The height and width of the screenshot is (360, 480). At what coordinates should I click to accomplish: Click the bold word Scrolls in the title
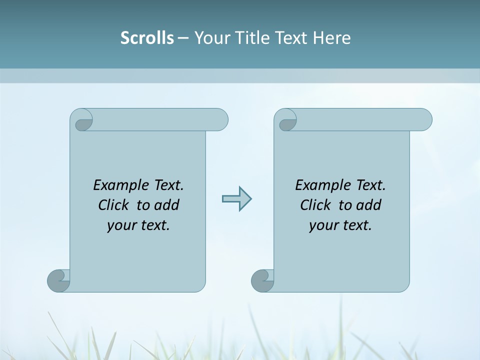point(147,37)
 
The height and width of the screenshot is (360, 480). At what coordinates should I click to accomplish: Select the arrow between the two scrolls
point(236,199)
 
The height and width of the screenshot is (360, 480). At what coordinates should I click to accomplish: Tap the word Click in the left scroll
point(114,205)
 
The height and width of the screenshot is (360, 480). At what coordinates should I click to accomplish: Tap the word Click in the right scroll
point(316,205)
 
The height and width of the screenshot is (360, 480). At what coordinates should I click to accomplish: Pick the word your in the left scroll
point(121,225)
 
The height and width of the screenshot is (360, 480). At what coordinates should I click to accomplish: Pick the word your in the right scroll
point(323,225)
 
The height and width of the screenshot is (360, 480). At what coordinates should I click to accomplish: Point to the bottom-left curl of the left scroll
point(59,280)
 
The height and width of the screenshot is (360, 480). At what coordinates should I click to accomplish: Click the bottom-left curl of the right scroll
point(262,280)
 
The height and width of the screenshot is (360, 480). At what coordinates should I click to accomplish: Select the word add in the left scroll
point(167,205)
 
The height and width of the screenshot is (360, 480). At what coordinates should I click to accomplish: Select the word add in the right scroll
point(369,205)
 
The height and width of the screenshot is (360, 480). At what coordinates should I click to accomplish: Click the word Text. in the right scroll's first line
point(370,185)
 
